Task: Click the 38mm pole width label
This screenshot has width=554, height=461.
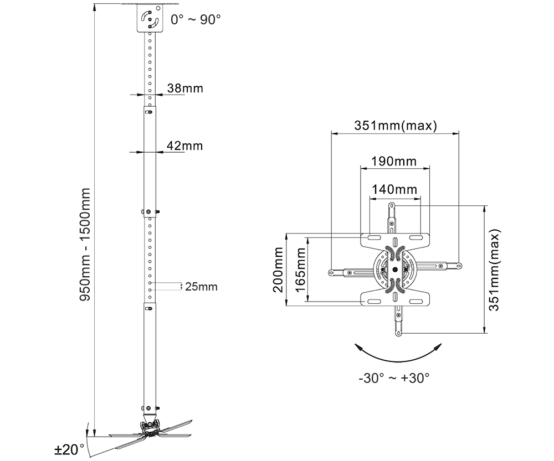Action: (185, 88)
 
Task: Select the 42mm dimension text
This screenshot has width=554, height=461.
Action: (185, 146)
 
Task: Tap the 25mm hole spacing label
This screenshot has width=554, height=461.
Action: (201, 286)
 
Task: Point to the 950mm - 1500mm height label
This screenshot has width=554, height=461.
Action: (85, 244)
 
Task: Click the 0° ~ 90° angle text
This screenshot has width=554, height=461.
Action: (196, 20)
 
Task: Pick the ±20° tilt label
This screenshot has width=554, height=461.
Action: (69, 450)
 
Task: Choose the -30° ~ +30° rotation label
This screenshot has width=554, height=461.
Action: (394, 378)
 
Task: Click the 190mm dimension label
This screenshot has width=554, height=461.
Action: (393, 161)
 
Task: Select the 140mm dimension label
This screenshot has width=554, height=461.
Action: (394, 189)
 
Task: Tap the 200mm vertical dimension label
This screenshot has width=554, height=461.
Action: (278, 270)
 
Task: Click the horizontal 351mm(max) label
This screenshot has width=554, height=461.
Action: (396, 126)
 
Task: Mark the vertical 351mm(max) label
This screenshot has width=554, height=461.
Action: (494, 270)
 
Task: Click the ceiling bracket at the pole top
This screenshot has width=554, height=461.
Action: (150, 18)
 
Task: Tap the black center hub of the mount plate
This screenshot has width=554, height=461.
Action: (395, 270)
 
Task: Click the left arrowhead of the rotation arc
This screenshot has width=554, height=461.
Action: (359, 348)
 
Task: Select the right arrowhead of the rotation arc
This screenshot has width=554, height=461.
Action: (438, 348)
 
